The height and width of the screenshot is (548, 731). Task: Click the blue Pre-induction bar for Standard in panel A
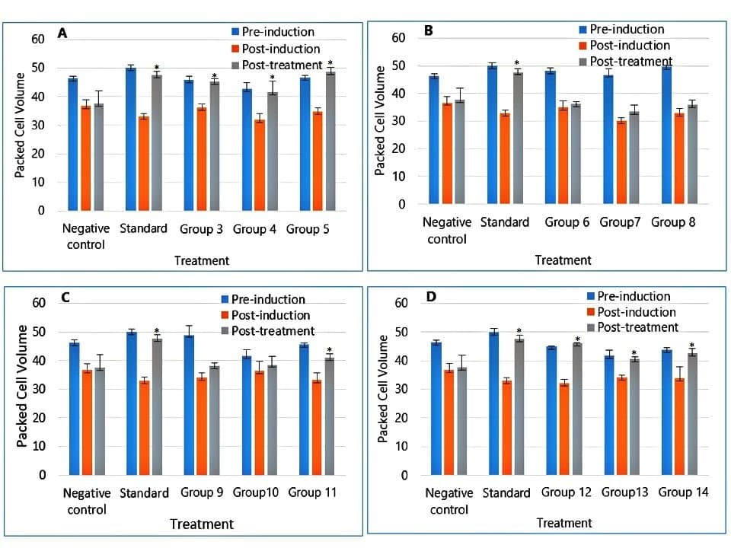pos(130,139)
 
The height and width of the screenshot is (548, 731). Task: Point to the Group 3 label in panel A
pos(201,228)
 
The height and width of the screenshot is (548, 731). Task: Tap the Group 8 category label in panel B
pos(673,222)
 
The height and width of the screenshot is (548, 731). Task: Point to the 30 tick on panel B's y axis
pos(401,121)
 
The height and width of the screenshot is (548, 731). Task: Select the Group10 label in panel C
pos(256,492)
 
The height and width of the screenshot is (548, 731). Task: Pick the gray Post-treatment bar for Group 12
pos(576,409)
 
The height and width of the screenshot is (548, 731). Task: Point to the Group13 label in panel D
pos(624,492)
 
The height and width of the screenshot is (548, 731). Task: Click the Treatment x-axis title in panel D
pos(563,523)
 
